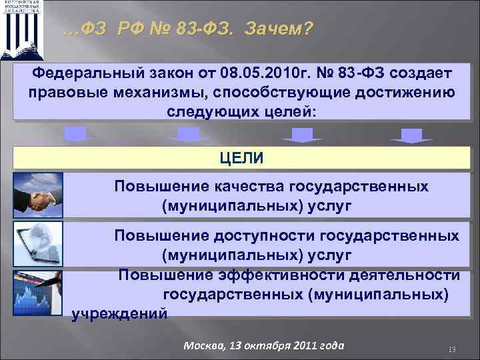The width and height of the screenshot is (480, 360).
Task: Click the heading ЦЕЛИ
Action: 241,158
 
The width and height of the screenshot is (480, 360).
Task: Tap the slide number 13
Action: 451,350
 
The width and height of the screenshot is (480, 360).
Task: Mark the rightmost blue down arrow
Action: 411,135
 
